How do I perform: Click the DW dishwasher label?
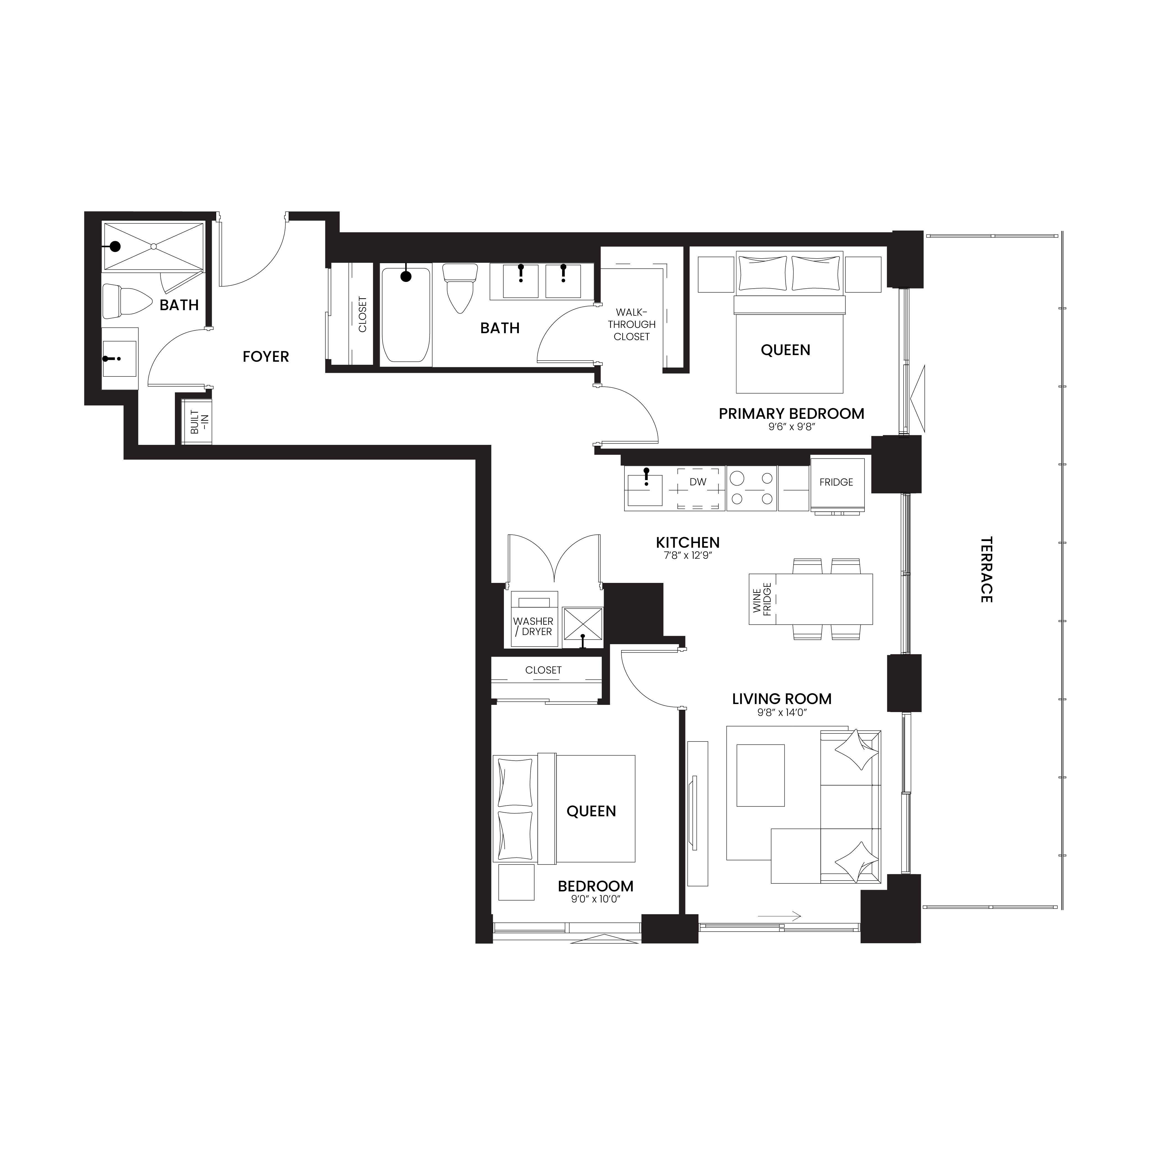(698, 482)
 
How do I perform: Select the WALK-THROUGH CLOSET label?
(632, 324)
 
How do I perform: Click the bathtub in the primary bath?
(406, 315)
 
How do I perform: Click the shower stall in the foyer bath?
(154, 246)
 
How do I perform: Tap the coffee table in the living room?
(760, 775)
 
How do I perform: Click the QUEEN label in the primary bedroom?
(786, 350)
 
